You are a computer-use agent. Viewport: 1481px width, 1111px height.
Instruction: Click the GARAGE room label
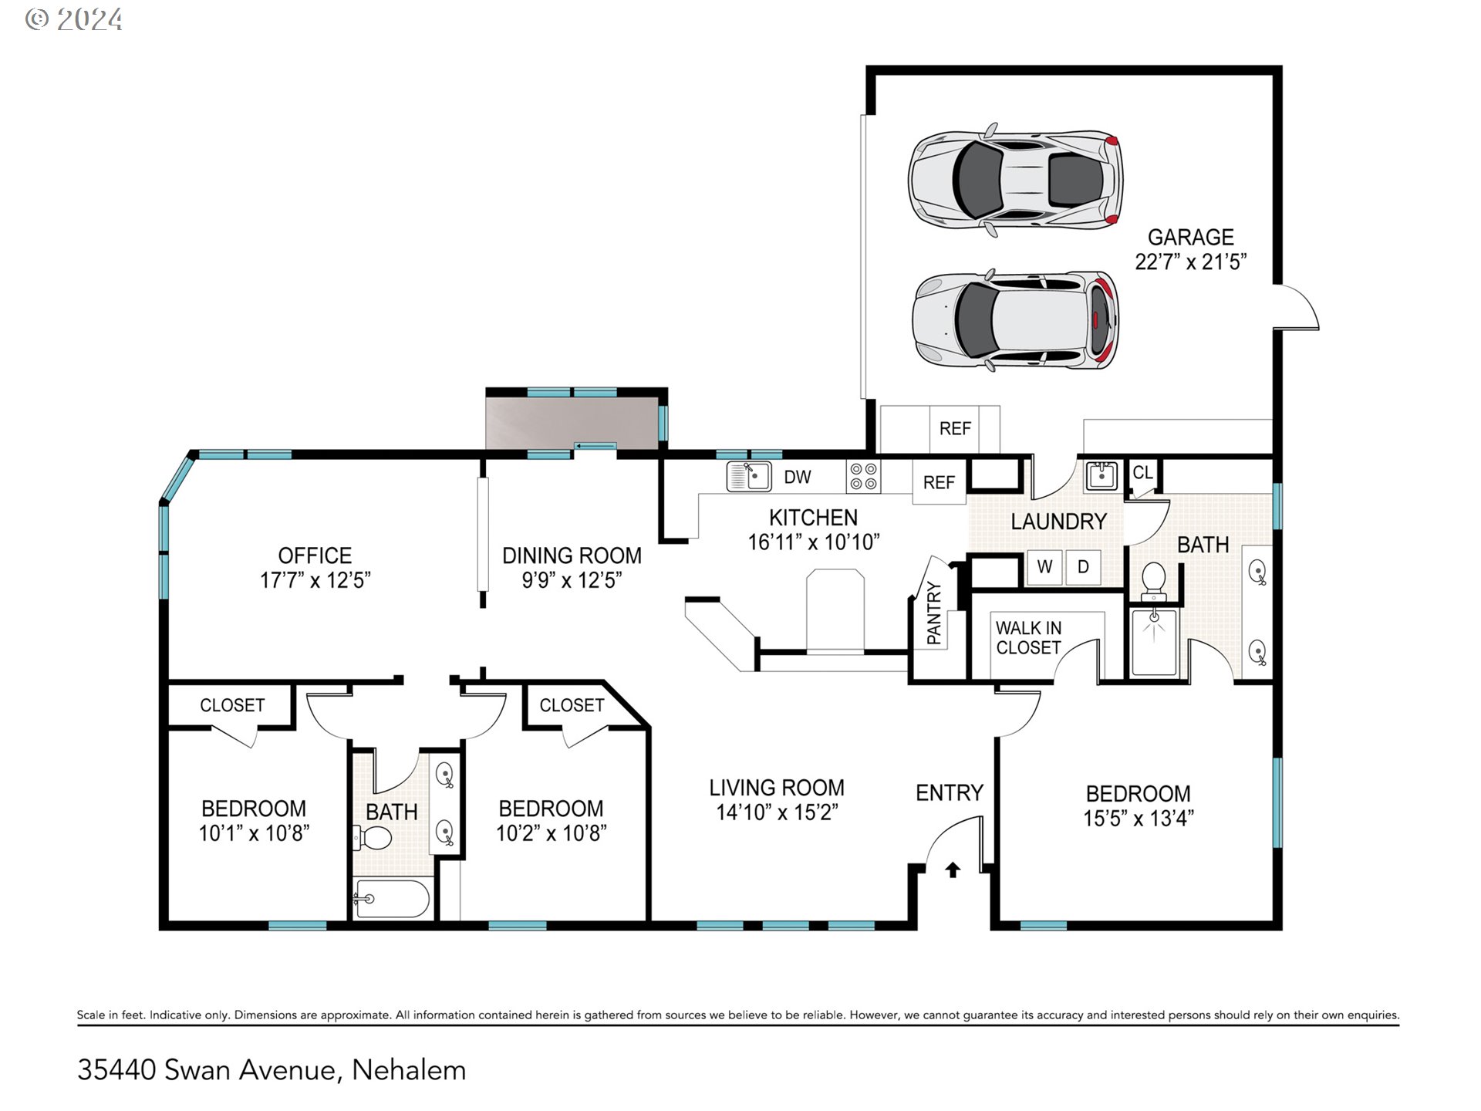click(x=1191, y=237)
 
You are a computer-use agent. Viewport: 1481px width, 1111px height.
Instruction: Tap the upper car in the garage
click(x=1015, y=179)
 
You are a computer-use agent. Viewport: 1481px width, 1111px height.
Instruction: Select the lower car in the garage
click(x=1015, y=319)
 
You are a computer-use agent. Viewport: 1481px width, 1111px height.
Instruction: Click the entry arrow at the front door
click(x=953, y=870)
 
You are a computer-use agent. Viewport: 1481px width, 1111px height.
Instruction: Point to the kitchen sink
click(x=749, y=476)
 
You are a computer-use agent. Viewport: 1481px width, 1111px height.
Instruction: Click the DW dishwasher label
click(x=798, y=477)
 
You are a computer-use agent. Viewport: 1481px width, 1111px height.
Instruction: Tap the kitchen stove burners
click(x=863, y=476)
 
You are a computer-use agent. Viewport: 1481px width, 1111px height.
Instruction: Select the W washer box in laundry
click(x=1044, y=567)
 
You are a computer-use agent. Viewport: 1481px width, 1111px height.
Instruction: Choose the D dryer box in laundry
click(x=1083, y=567)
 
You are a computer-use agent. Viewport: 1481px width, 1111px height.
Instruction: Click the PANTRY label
click(x=934, y=613)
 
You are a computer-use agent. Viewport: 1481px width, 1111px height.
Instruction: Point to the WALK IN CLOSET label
click(x=1029, y=638)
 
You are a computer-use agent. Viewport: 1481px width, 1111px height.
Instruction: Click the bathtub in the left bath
click(x=391, y=898)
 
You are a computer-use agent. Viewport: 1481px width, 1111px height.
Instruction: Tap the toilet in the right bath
click(x=1153, y=580)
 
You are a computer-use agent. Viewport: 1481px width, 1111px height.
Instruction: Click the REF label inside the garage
click(x=955, y=428)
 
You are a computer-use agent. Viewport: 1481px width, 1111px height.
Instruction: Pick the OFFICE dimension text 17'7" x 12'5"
click(x=315, y=580)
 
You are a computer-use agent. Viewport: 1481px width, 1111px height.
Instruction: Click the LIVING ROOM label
click(x=777, y=788)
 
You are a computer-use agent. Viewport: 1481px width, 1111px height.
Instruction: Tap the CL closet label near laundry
click(x=1142, y=472)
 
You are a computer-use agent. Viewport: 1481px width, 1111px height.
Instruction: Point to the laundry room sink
click(x=1101, y=476)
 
